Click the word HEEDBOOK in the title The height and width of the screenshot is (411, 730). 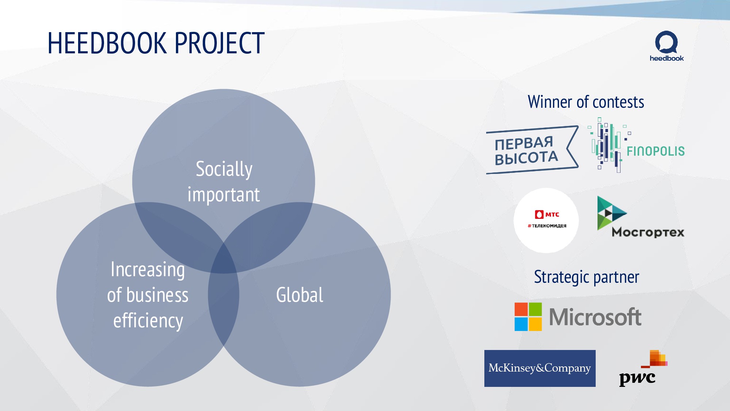107,43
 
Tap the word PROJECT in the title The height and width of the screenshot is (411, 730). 220,43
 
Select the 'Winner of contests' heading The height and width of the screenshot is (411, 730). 586,102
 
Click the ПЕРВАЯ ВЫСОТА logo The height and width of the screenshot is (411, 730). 532,150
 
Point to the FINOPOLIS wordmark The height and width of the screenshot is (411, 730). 656,151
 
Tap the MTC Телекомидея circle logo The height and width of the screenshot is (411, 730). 546,220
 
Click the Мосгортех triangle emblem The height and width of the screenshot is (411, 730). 610,213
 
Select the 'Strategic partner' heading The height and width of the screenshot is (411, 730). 586,277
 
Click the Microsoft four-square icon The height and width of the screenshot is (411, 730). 528,317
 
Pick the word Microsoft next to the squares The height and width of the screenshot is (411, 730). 595,317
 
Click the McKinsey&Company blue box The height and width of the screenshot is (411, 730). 540,368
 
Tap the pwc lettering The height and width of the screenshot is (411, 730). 637,378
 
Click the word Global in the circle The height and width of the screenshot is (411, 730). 300,295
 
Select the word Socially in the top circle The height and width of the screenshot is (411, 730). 224,169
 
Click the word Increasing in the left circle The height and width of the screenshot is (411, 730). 148,270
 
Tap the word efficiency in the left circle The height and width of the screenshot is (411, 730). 148,321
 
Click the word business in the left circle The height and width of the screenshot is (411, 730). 157,295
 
